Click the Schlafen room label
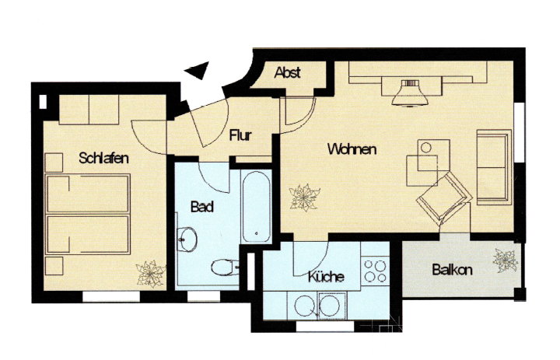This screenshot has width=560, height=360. click(103, 158)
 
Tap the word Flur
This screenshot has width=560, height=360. click(240, 135)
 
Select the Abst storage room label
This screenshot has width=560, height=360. click(287, 72)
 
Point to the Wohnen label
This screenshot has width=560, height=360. click(352, 149)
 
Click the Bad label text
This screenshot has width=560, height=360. click(202, 207)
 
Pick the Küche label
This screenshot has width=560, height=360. click(326, 276)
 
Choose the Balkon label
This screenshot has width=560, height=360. click(452, 270)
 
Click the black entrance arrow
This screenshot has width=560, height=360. click(197, 70)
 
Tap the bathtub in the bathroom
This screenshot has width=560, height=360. click(256, 207)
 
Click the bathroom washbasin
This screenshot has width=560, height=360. click(187, 239)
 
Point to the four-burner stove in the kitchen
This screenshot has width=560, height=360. click(375, 271)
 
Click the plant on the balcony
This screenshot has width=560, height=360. click(506, 260)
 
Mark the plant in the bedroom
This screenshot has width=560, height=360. click(151, 274)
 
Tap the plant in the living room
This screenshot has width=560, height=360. click(305, 197)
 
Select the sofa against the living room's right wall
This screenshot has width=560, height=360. click(494, 167)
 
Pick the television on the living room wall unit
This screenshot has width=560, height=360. click(410, 93)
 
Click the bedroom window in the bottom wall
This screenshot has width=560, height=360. click(111, 296)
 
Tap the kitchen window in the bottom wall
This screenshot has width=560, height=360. click(325, 326)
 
